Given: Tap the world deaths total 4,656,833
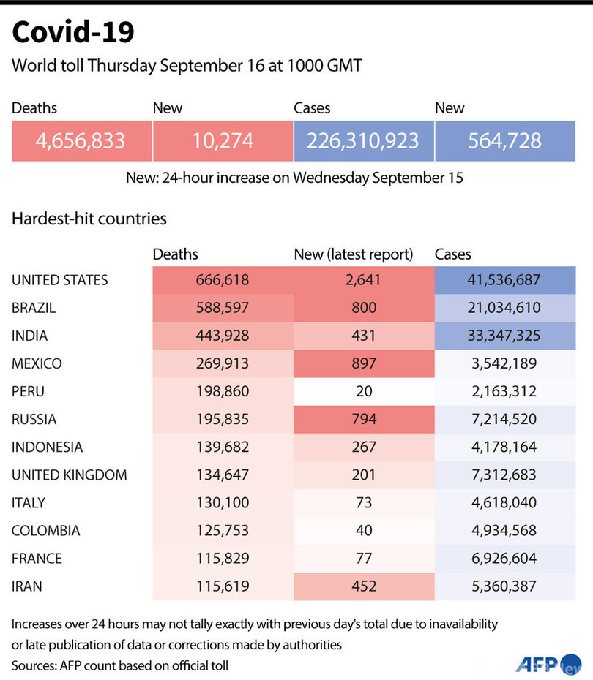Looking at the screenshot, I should click(x=81, y=140).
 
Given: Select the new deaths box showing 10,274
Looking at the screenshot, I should click(x=223, y=140).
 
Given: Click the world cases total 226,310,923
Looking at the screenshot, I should click(x=364, y=140).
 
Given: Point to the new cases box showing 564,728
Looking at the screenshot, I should click(x=505, y=140).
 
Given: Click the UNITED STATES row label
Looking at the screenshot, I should click(x=60, y=280).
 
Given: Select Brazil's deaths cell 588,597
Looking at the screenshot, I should click(x=223, y=308).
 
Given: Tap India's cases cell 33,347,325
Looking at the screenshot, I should click(x=505, y=336).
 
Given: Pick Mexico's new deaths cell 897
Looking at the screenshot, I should click(x=364, y=363).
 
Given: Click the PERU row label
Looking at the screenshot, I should click(x=29, y=391).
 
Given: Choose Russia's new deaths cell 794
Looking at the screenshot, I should click(x=364, y=419).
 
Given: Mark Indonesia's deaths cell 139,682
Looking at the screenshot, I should click(x=223, y=447).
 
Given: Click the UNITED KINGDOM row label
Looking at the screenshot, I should click(x=70, y=475).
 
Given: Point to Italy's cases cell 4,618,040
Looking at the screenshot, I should click(x=505, y=502).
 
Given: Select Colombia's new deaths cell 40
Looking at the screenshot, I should click(x=364, y=530).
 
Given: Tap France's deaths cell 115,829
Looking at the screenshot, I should click(x=223, y=558).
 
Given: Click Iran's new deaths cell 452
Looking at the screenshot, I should click(x=364, y=586).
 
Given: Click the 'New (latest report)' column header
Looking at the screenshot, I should click(x=354, y=254).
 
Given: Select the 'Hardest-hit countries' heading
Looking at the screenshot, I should click(x=89, y=219).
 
